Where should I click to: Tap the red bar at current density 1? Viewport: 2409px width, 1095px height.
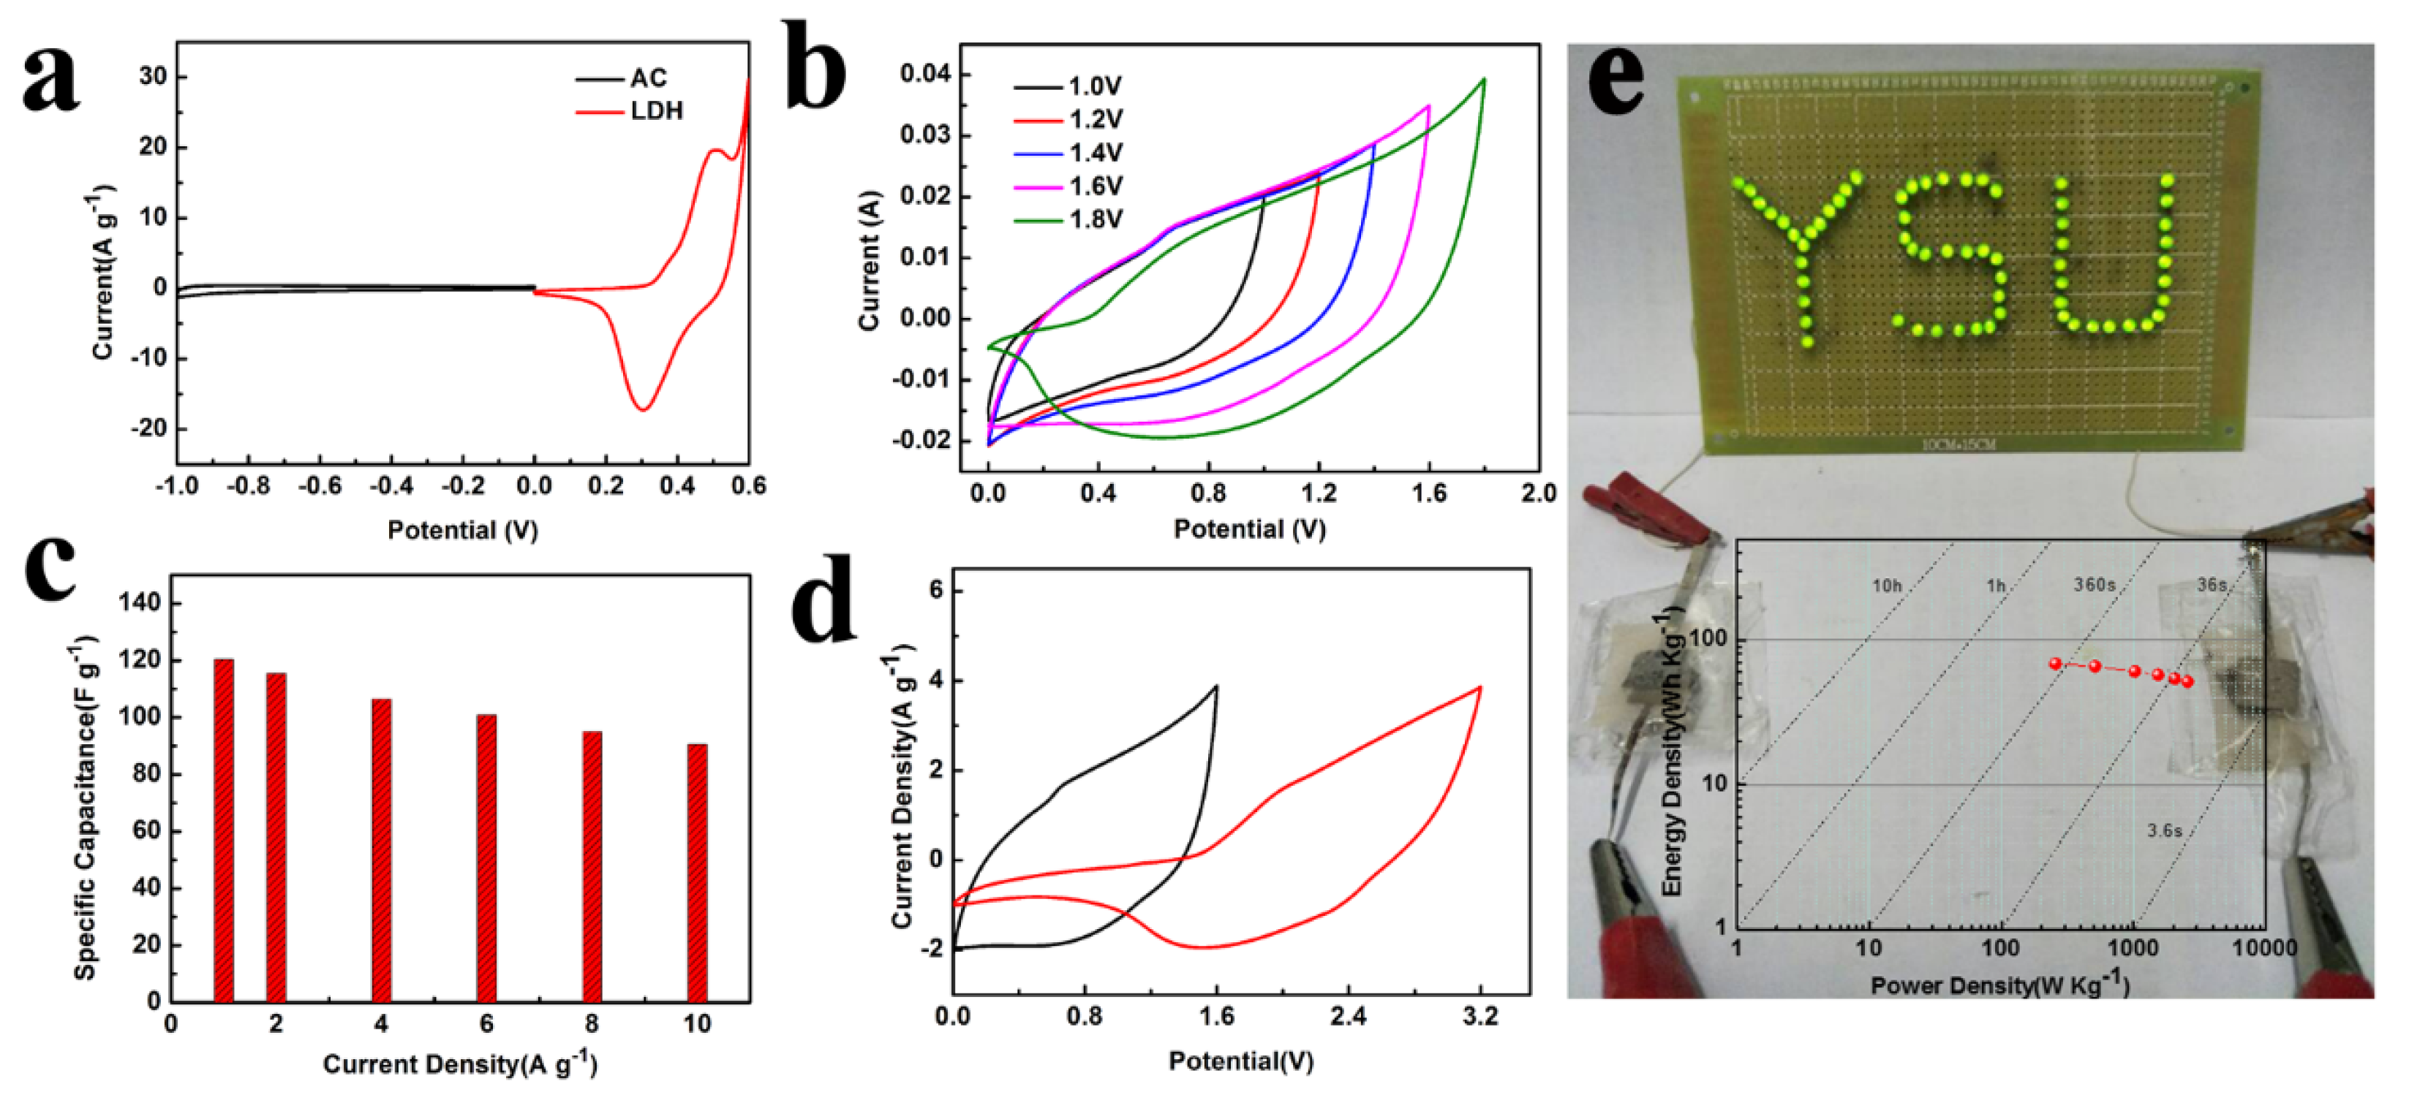(224, 830)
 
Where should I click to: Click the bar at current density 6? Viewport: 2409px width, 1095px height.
(486, 857)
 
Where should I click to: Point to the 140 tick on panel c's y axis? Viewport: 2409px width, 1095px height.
(140, 603)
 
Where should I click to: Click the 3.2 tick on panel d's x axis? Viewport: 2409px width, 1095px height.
(1479, 1017)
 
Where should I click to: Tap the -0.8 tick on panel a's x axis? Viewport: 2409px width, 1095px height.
(248, 486)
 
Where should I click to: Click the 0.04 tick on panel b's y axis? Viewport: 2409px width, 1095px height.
(924, 74)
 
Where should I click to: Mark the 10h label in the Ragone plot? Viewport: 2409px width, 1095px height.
(1886, 586)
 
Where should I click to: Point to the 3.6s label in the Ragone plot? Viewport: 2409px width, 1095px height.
(2163, 830)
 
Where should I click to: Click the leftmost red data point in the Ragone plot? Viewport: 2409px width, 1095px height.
(2054, 664)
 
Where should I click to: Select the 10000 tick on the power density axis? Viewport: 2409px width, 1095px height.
(2264, 948)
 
